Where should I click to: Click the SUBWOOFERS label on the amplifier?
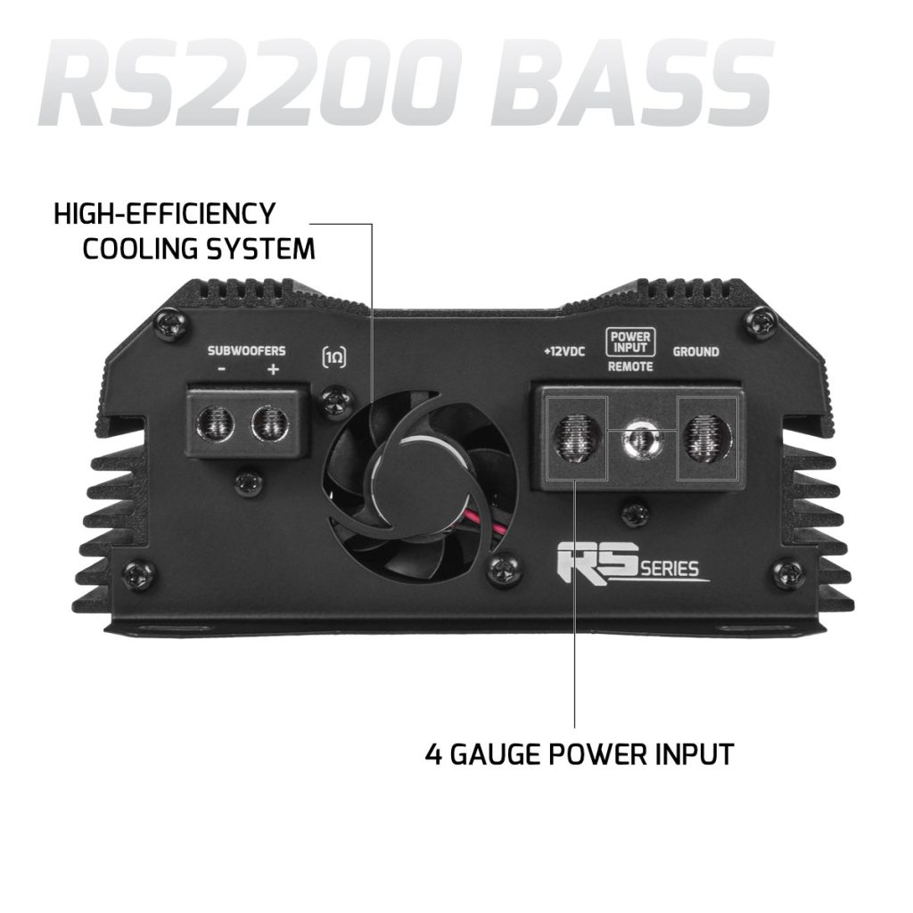[x=246, y=351]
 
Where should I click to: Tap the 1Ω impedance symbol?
[x=333, y=358]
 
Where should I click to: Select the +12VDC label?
[x=564, y=351]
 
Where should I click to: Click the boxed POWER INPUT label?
[x=630, y=342]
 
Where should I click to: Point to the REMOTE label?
[x=630, y=366]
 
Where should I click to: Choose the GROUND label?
[x=695, y=351]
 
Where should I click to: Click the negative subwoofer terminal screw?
[x=216, y=423]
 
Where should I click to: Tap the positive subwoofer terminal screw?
[x=269, y=423]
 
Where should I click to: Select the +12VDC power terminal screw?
[x=577, y=437]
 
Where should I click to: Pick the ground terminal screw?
[x=707, y=437]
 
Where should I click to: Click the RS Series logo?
[x=634, y=563]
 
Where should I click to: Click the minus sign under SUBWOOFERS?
[x=222, y=370]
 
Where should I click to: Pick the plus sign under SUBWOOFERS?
[x=273, y=369]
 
